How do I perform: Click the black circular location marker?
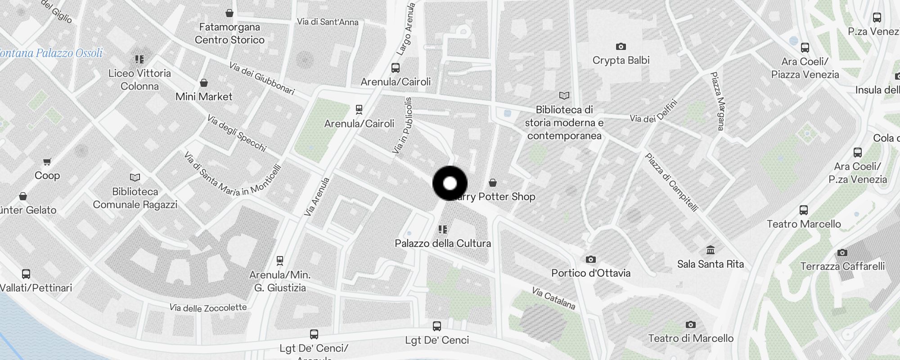(x=450, y=183)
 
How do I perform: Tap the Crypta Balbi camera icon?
(x=621, y=47)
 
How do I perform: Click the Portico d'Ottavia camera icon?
(x=590, y=260)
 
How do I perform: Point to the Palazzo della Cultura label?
(x=443, y=243)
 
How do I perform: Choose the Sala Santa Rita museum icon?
(x=711, y=250)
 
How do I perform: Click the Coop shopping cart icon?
(x=47, y=162)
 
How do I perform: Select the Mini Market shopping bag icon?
(x=204, y=83)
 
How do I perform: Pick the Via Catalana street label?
(x=553, y=298)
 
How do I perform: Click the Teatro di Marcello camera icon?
(x=690, y=325)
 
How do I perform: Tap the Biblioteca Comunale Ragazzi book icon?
(x=135, y=178)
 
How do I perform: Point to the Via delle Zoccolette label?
(x=208, y=308)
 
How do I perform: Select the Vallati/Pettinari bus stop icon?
(x=26, y=274)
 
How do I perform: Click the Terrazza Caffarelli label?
(x=842, y=266)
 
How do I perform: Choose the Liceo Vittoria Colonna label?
(x=139, y=80)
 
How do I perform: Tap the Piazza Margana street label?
(x=717, y=101)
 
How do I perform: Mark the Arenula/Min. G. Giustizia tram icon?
(x=280, y=261)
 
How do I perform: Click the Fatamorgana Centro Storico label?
(x=229, y=34)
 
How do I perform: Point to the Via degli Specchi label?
(x=237, y=133)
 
